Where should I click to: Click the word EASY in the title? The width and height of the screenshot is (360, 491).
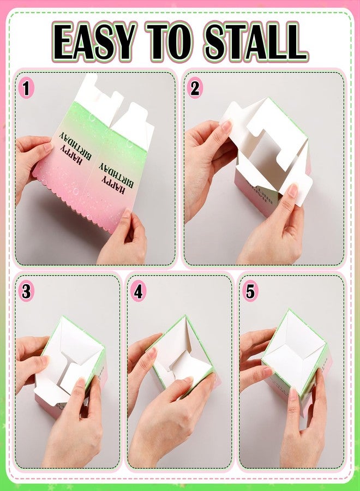click(x=95, y=42)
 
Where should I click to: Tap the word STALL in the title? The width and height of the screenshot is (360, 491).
click(x=252, y=42)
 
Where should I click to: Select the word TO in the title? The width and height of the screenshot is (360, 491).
click(x=167, y=42)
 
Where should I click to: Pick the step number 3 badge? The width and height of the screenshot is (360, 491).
click(x=26, y=291)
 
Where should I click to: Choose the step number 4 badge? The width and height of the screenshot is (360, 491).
click(x=139, y=291)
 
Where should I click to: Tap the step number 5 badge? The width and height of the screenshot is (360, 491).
click(x=250, y=291)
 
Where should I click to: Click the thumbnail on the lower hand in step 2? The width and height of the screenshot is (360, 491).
click(x=293, y=190)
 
